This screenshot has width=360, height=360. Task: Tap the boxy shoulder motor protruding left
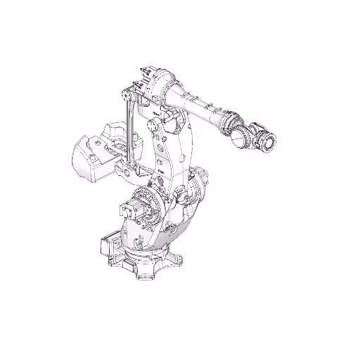point(131,210)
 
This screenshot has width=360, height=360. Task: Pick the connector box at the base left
point(107,246)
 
